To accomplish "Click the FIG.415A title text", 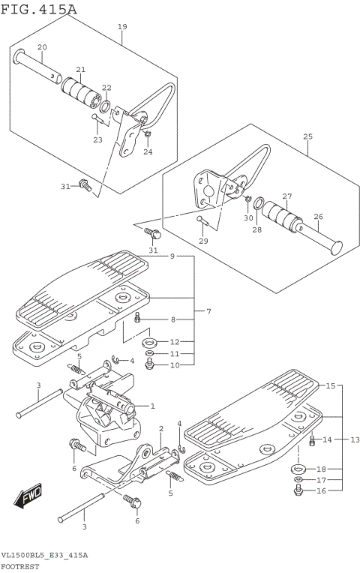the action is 39,9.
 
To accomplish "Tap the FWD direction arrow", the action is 28,496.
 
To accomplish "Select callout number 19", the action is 122,27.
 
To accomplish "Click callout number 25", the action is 307,136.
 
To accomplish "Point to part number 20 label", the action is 42,47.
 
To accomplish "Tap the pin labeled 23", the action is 98,118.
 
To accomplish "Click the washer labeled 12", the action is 149,343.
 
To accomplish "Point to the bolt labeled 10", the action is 149,364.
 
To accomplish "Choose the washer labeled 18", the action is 299,469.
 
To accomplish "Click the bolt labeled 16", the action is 298,490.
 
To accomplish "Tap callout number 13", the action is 355,439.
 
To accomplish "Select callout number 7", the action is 208,312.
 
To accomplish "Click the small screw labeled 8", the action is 138,318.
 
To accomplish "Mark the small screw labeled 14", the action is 312,441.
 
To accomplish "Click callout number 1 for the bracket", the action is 153,406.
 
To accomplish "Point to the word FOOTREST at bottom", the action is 19,567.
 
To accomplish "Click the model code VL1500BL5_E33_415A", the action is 44,556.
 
